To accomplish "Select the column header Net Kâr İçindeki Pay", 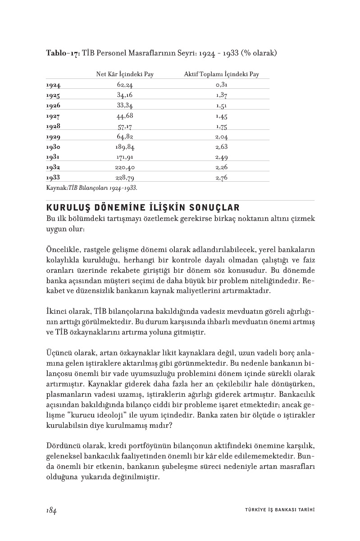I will tap(125, 74).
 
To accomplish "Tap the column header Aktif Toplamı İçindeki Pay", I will tap(221, 74).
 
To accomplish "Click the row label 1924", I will tap(53, 85).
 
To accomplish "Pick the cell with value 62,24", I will tap(125, 85).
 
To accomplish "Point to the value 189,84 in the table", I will tap(125, 147).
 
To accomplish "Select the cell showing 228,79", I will tap(125, 178).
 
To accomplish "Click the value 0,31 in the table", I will tap(221, 85).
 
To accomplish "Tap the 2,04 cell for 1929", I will tap(221, 136).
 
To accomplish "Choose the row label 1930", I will tap(53, 147).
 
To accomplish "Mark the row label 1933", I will tap(53, 178).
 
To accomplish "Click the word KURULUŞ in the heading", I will tap(68, 208).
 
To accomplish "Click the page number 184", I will tap(51, 509).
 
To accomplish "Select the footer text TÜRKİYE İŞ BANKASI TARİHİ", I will tap(277, 510).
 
